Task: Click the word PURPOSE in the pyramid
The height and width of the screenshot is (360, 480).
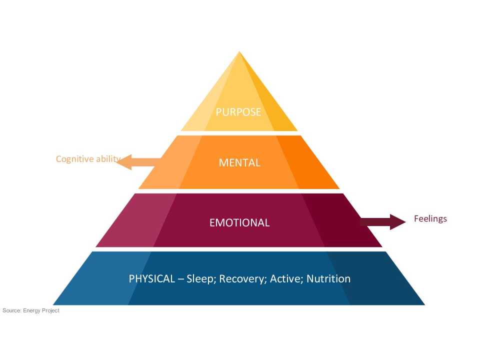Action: click(x=238, y=112)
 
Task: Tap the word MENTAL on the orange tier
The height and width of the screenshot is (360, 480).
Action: click(x=239, y=162)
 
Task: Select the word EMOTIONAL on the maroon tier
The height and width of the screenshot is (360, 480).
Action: click(x=239, y=222)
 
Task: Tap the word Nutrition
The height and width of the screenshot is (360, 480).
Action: click(x=328, y=278)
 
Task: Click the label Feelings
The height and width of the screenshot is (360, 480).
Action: click(x=430, y=218)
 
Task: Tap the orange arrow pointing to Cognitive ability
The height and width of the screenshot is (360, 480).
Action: click(x=137, y=162)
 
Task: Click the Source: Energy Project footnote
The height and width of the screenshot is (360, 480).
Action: click(x=31, y=310)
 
